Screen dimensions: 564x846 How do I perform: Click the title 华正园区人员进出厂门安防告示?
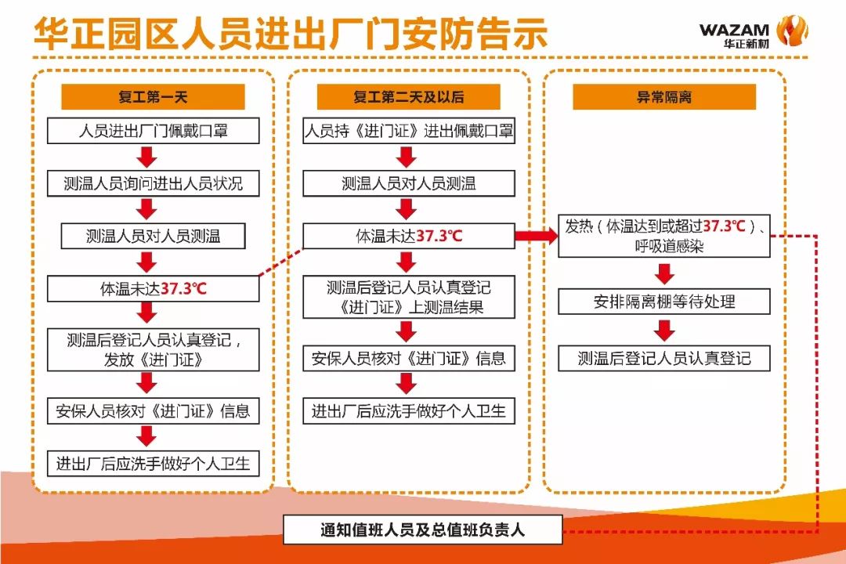click(x=290, y=35)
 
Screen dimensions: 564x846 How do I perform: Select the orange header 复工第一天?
click(x=153, y=97)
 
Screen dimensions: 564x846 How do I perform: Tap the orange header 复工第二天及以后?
click(x=408, y=97)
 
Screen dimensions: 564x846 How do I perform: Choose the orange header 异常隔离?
click(x=663, y=97)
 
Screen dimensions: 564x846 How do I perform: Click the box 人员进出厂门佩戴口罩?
click(x=153, y=131)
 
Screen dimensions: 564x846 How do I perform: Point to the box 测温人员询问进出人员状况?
click(x=153, y=184)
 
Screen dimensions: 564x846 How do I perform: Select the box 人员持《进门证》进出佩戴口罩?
click(x=408, y=131)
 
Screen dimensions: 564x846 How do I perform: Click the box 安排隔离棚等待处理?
click(x=663, y=302)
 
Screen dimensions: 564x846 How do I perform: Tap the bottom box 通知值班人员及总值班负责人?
click(x=422, y=530)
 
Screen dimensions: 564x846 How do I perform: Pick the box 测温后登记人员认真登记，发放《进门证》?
click(x=153, y=349)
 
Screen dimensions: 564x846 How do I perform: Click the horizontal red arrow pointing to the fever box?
click(x=536, y=236)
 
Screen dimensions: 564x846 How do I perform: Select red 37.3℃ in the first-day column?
click(x=184, y=288)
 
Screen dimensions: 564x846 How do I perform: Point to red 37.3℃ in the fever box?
click(x=725, y=226)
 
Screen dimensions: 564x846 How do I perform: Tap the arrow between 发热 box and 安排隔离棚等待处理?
click(x=664, y=273)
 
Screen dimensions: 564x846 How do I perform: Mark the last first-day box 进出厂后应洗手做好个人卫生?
click(x=153, y=463)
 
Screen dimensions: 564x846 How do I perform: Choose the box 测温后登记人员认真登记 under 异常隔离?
click(x=663, y=358)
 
